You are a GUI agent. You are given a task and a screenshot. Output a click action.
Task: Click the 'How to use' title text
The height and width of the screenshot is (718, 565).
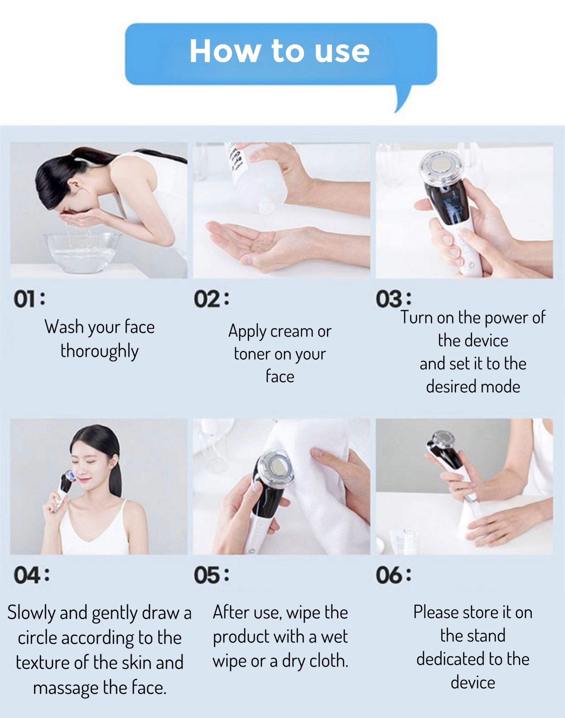280,52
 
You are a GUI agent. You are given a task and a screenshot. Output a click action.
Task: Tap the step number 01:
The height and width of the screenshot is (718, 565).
29,299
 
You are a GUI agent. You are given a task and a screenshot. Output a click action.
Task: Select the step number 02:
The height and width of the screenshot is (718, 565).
212,299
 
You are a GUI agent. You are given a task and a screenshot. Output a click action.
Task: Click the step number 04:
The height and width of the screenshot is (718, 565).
31,575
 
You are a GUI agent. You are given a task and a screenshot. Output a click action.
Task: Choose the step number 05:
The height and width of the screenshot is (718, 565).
212,575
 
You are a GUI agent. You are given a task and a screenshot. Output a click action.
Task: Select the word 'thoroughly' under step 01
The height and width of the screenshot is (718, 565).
99,351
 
